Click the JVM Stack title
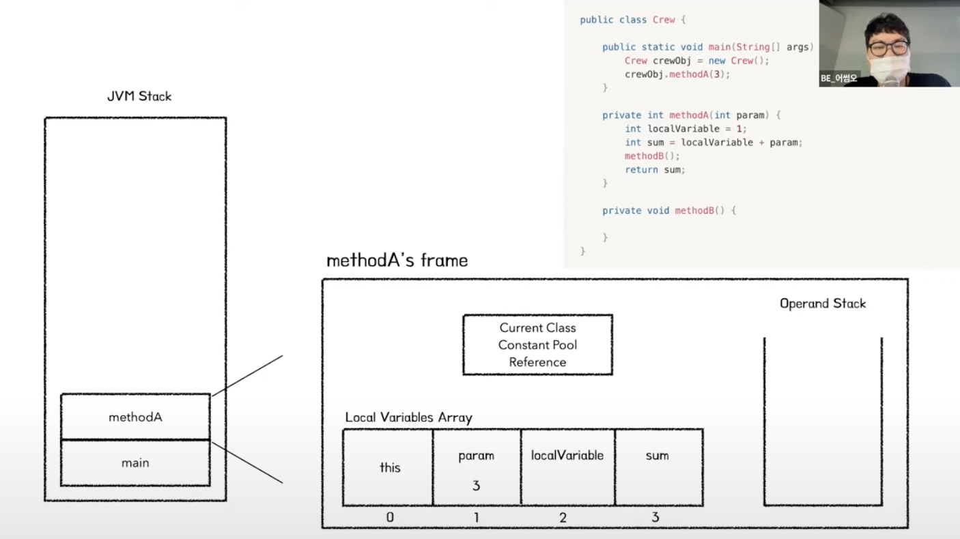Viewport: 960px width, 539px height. point(139,96)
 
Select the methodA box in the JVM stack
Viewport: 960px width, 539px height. point(135,417)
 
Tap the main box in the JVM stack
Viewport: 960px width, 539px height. point(135,463)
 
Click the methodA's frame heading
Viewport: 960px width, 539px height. point(397,261)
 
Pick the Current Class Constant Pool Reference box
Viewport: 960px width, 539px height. point(537,345)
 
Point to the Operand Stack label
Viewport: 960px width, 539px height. point(822,304)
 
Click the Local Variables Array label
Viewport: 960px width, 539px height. point(408,418)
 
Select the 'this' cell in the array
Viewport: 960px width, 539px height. point(389,467)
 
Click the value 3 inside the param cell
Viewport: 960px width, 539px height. point(476,486)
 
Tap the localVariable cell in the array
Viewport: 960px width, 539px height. point(567,467)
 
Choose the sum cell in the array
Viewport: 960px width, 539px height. point(658,467)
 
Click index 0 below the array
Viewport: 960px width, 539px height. point(389,517)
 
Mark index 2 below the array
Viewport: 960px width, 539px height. point(563,517)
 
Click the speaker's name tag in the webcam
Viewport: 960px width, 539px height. point(839,78)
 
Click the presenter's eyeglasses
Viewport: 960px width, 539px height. point(888,48)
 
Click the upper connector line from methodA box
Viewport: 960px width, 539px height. point(247,375)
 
